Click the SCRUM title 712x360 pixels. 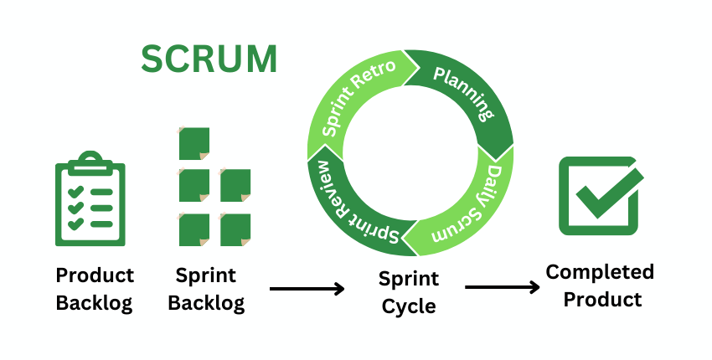click(x=209, y=59)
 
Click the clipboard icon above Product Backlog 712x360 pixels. click(x=90, y=201)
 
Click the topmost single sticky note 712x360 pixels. click(x=194, y=141)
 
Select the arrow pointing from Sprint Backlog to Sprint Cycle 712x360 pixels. click(x=307, y=289)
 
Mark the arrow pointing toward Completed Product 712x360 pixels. click(x=502, y=288)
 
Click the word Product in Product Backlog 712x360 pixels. click(x=95, y=275)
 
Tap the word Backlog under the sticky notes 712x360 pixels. click(x=206, y=302)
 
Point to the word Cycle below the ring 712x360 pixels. click(x=409, y=306)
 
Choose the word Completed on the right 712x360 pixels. click(x=600, y=272)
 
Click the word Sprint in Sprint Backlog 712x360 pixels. click(x=206, y=275)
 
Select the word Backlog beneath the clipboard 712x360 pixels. click(x=95, y=302)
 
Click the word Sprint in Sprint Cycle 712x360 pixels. click(x=409, y=279)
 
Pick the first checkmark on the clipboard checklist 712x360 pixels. click(x=75, y=192)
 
